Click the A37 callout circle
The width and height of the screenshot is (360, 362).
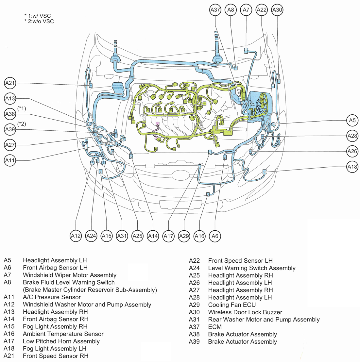pos(215,10)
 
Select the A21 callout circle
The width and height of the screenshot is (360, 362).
pos(10,83)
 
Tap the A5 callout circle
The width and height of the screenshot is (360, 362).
pos(352,121)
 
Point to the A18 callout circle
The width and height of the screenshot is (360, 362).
pos(352,167)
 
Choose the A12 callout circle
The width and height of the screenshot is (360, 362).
pos(76,236)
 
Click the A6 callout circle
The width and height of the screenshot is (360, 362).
pos(215,236)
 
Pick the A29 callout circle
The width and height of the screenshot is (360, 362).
pos(184,236)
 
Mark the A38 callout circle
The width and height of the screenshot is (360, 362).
pos(10,114)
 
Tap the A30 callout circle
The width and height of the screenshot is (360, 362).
pos(277,10)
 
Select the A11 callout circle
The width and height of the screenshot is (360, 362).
pos(10,160)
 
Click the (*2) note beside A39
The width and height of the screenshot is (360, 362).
pos(22,124)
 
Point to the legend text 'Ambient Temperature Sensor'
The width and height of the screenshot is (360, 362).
pos(63,334)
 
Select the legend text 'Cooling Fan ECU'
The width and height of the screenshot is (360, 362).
pos(232,305)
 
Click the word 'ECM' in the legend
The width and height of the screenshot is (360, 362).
pos(215,327)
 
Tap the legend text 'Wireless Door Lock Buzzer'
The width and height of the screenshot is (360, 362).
pos(245,312)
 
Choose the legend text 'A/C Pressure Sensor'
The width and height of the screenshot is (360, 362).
pos(52,297)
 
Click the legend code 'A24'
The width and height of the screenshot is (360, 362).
pos(194,268)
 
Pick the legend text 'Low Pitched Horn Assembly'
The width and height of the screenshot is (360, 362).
pos(61,341)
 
